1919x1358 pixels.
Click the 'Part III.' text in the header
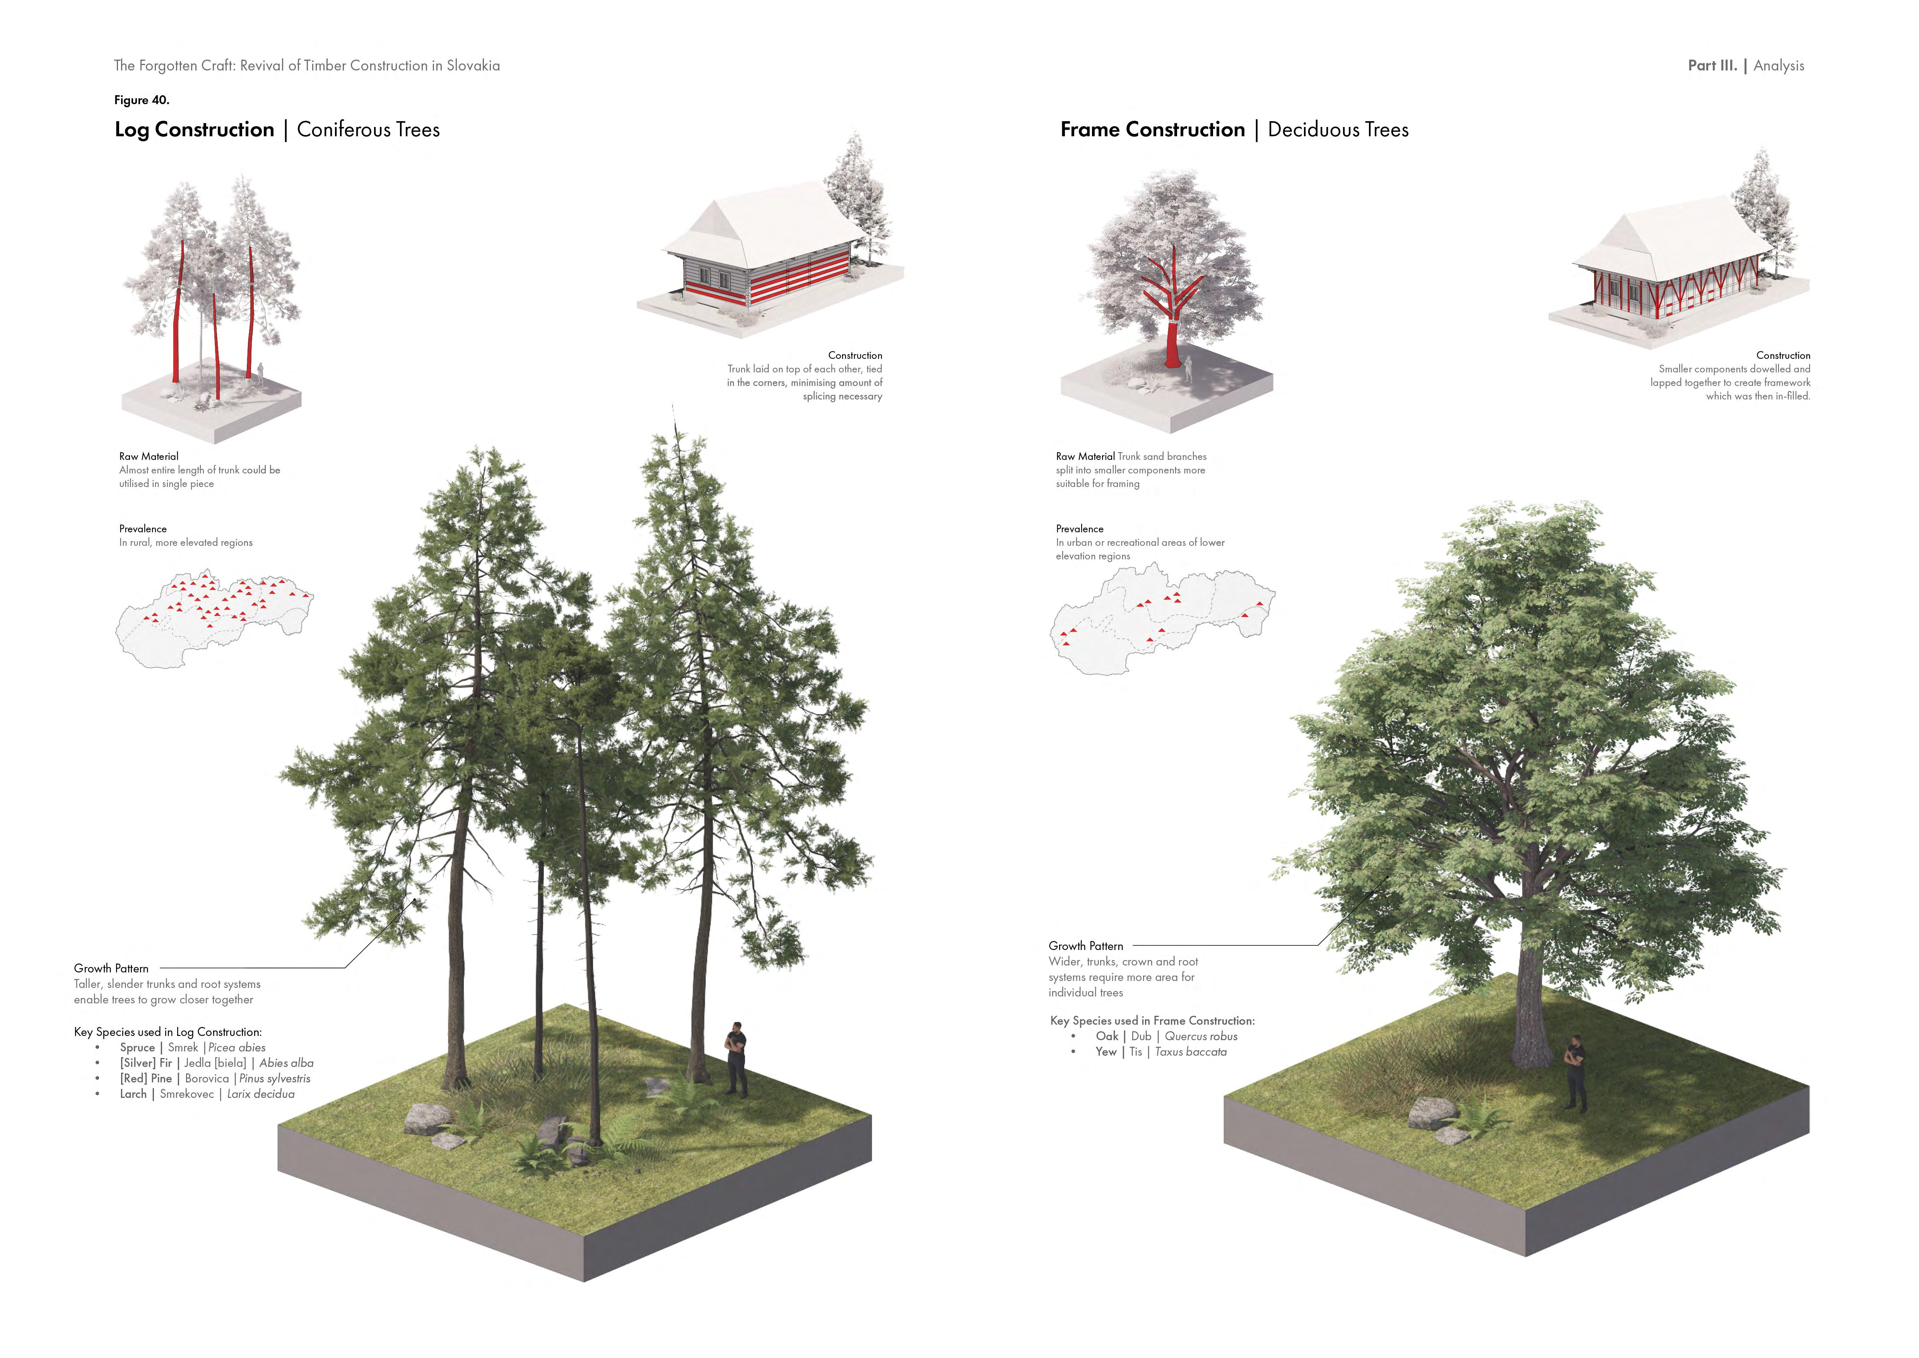1712,65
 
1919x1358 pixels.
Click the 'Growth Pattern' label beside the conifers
111,968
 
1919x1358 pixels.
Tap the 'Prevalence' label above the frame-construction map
1079,528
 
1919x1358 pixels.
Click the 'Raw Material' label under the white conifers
149,456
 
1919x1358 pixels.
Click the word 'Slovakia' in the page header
473,65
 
